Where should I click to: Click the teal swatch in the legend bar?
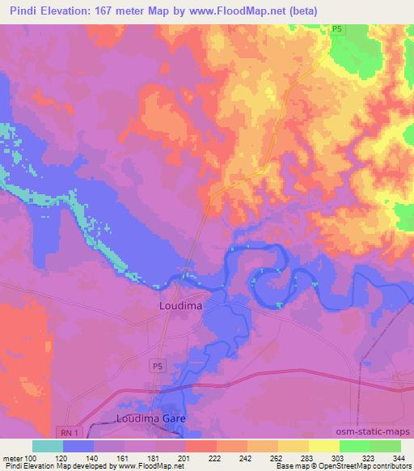click(x=48, y=446)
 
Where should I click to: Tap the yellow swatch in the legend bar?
click(x=324, y=446)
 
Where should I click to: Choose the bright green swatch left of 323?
click(x=355, y=446)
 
